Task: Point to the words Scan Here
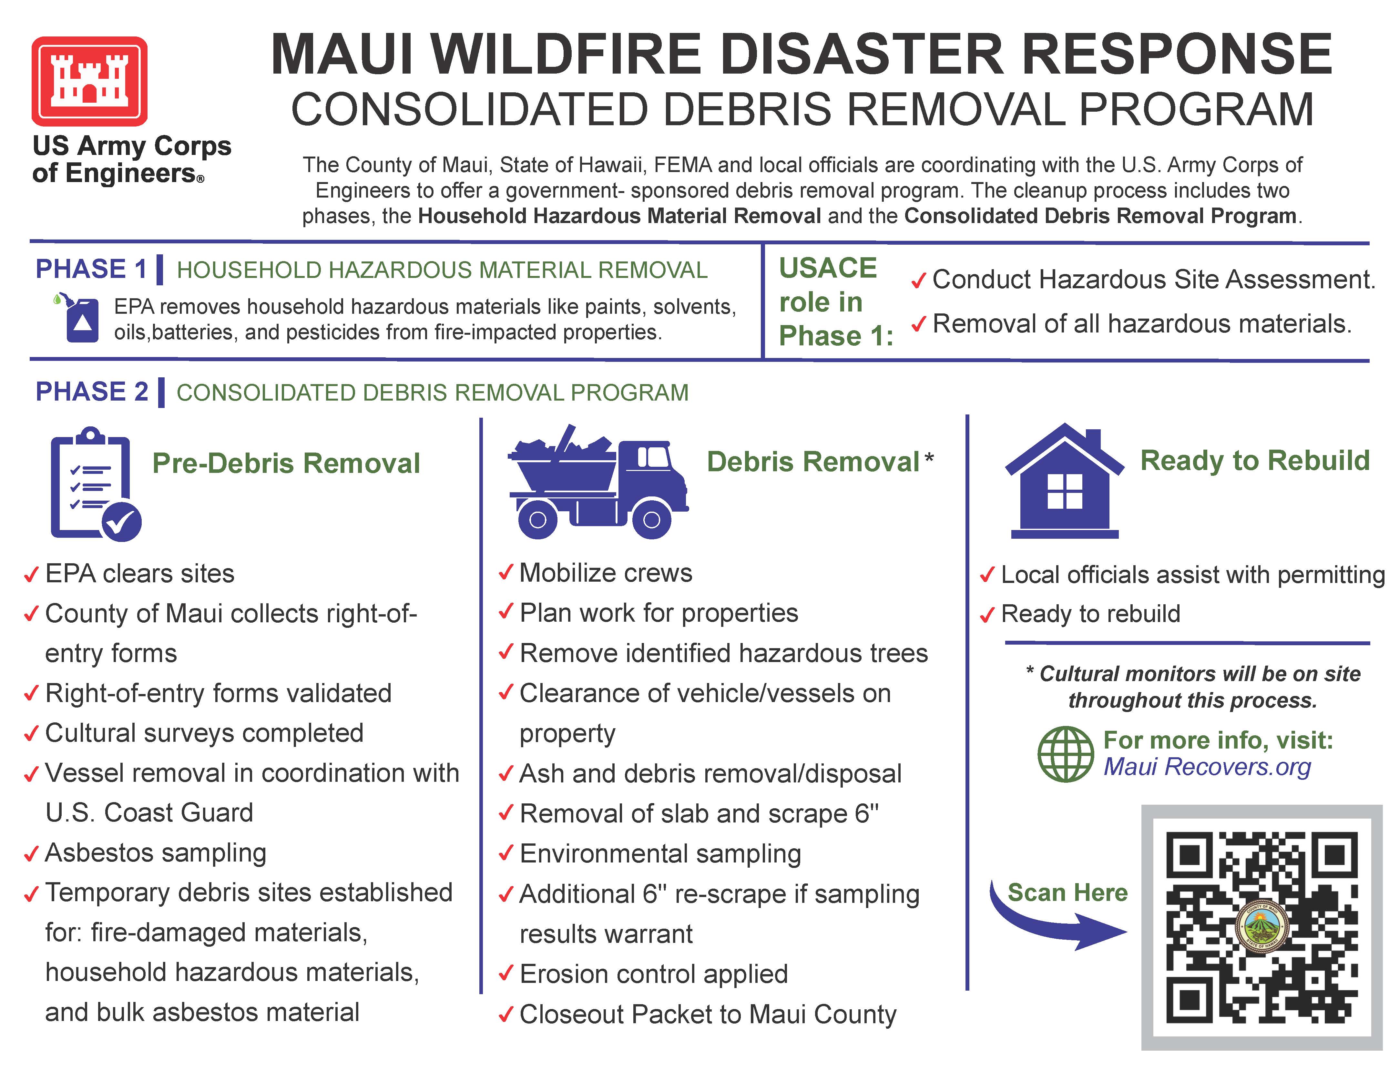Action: coord(1067,892)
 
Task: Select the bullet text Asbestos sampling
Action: coord(156,852)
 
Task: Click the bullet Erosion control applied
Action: coord(653,974)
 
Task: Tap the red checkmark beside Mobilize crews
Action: coord(505,572)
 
